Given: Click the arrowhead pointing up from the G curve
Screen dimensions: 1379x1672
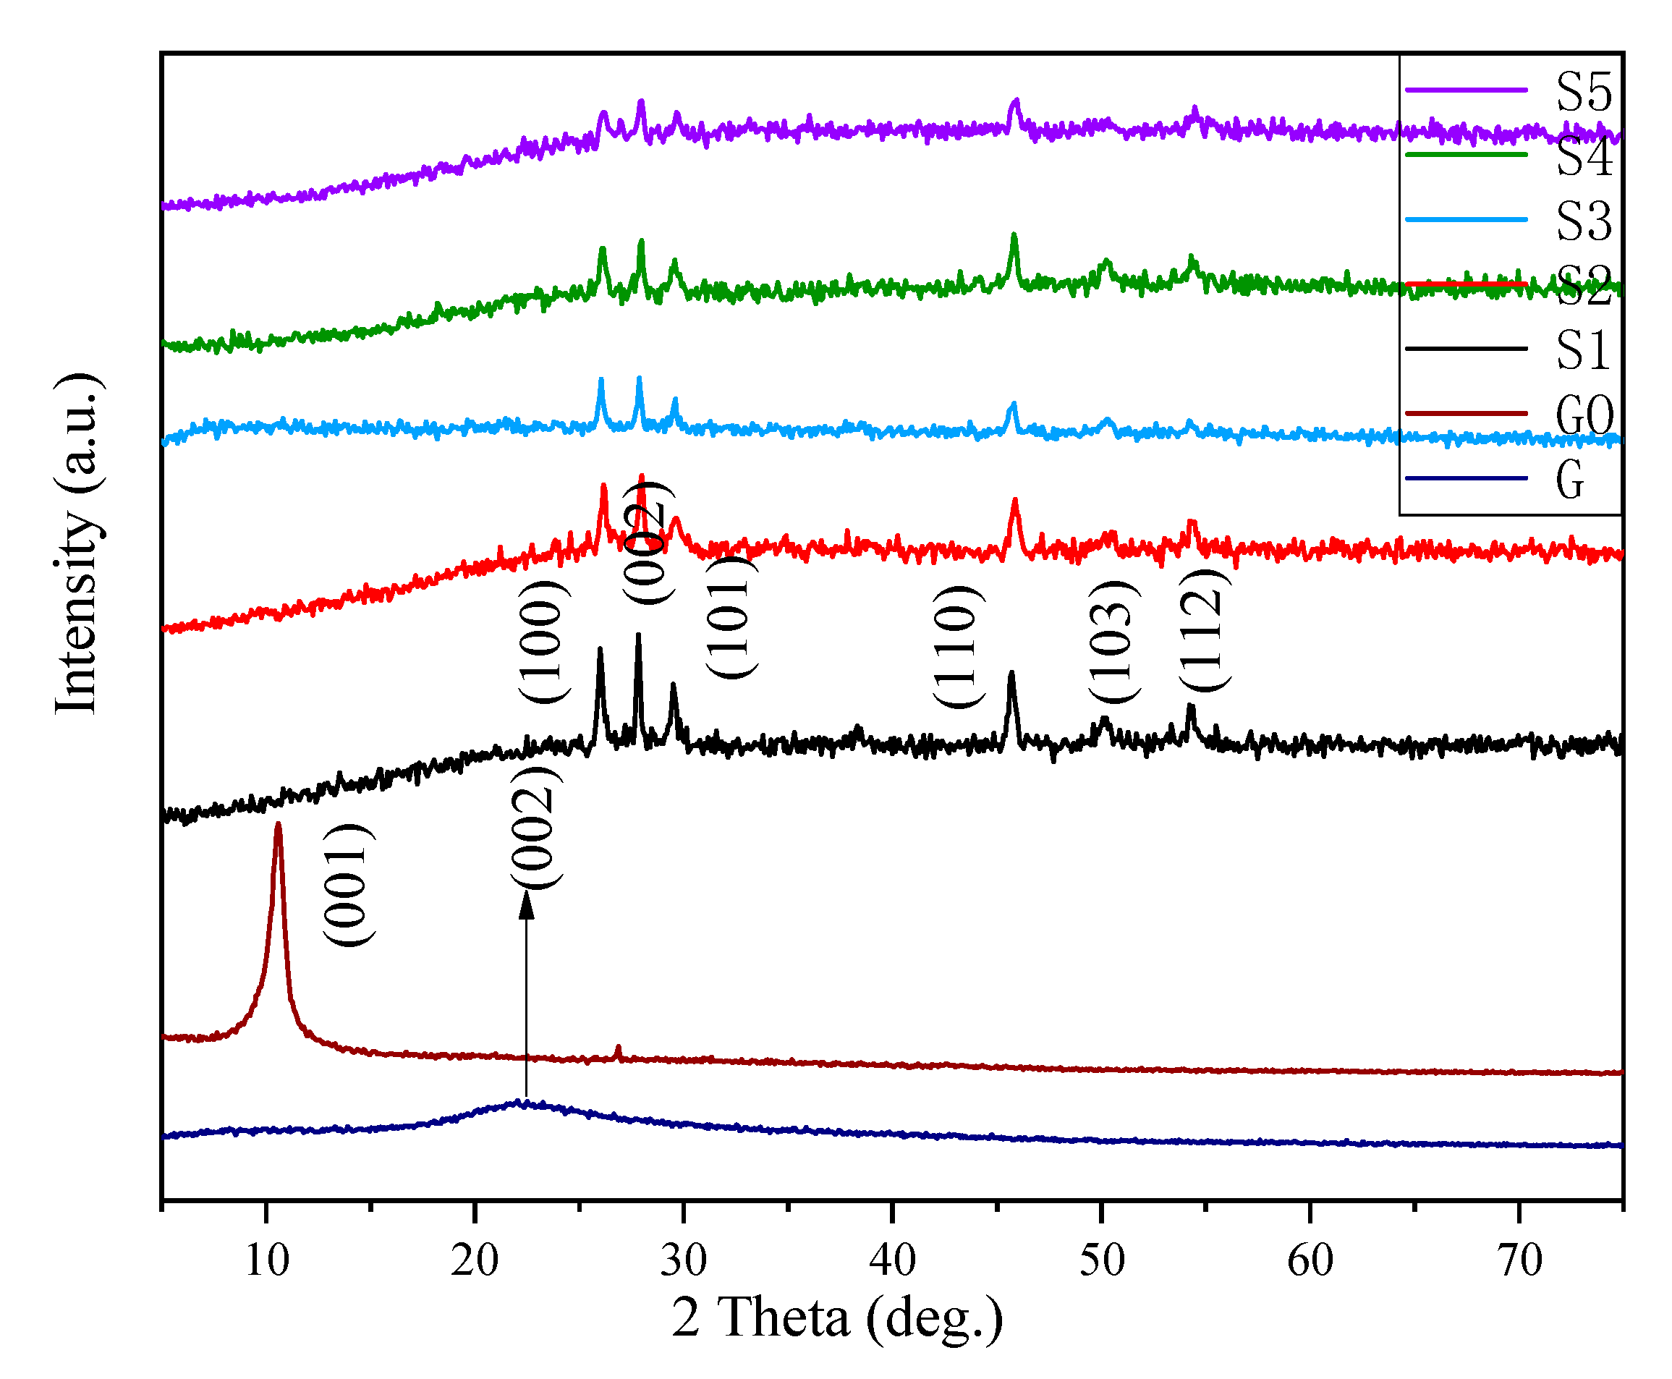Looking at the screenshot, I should pyautogui.click(x=526, y=905).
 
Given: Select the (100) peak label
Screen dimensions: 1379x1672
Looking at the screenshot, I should pyautogui.click(x=543, y=642).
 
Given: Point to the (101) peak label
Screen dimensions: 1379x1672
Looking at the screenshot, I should pyautogui.click(x=731, y=618).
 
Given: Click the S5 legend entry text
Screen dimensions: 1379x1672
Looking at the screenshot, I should pyautogui.click(x=1584, y=92).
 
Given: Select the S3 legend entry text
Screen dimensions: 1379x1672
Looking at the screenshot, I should pyautogui.click(x=1584, y=221).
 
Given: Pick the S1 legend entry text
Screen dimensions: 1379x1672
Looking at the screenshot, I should pyautogui.click(x=1582, y=350).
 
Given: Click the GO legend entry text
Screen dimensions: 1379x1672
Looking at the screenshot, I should pyautogui.click(x=1584, y=415).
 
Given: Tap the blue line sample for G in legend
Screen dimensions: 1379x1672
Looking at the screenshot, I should pyautogui.click(x=1466, y=478).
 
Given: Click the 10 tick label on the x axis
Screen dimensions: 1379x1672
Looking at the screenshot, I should pyautogui.click(x=267, y=1260).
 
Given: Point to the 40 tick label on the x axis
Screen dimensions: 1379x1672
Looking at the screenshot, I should pyautogui.click(x=892, y=1260).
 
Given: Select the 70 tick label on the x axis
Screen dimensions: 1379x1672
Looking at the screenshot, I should pyautogui.click(x=1519, y=1260).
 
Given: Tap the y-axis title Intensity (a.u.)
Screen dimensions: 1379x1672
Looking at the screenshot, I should pyautogui.click(x=77, y=543).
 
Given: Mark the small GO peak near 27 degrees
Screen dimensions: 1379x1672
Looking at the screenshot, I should pyautogui.click(x=618, y=1049).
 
